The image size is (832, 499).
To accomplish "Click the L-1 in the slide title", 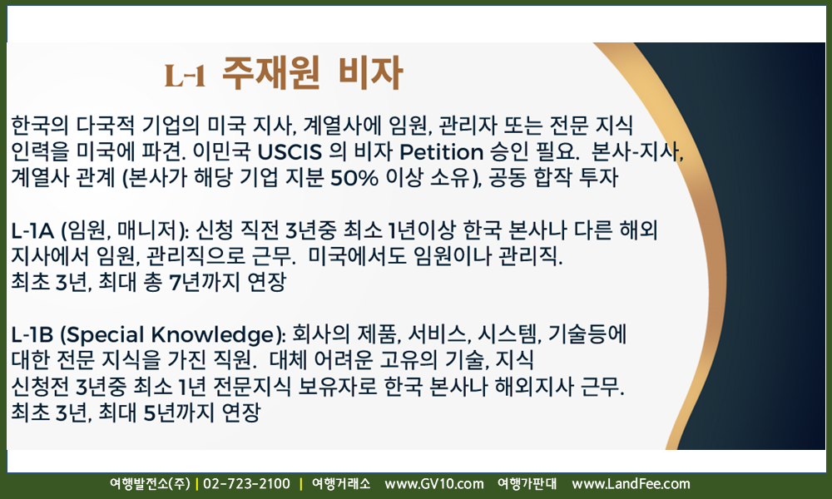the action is point(185,76).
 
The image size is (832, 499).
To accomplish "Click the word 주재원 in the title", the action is point(270,72).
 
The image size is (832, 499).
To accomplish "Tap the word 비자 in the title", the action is point(370,72).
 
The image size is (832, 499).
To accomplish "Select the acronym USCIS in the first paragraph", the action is point(290,152).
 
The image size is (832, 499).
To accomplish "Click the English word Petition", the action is point(442,152).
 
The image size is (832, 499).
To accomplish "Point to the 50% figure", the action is point(354,178).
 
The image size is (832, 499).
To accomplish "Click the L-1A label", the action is point(32,230).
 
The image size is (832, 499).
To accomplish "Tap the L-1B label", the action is point(32,335).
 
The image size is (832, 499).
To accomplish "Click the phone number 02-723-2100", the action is point(247,484).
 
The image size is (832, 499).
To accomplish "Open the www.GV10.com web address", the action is point(434,484).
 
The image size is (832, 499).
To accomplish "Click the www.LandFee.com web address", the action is point(631,484).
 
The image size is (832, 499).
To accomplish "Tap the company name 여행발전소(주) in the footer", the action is point(150,484).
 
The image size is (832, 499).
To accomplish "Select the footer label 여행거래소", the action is point(340,484).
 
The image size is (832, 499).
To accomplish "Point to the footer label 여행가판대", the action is point(527,484).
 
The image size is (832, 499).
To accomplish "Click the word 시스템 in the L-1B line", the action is point(508,335).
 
